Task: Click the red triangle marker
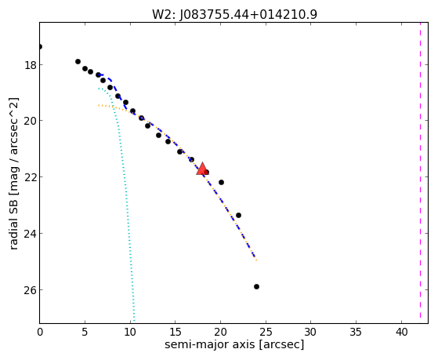pyautogui.click(x=202, y=169)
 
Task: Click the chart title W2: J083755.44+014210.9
pyautogui.click(x=234, y=14)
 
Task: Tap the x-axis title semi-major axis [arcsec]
pyautogui.click(x=234, y=344)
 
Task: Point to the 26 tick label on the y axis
pyautogui.click(x=31, y=290)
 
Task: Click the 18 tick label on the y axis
pyautogui.click(x=31, y=65)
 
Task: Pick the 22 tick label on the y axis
pyautogui.click(x=31, y=177)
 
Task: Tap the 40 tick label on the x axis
pyautogui.click(x=401, y=333)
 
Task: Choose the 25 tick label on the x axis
pyautogui.click(x=266, y=333)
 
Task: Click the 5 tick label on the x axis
pyautogui.click(x=85, y=333)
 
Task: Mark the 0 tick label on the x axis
pyautogui.click(x=40, y=333)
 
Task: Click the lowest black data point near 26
pyautogui.click(x=256, y=286)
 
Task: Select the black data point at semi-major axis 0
pyautogui.click(x=40, y=46)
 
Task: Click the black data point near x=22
pyautogui.click(x=238, y=215)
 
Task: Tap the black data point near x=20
pyautogui.click(x=221, y=182)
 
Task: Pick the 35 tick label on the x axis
pyautogui.click(x=357, y=333)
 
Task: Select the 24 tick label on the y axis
pyautogui.click(x=31, y=234)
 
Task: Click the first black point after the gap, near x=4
pyautogui.click(x=78, y=61)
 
